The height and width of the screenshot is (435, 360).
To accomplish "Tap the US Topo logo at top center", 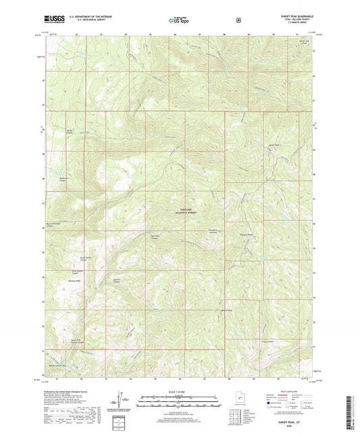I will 179,21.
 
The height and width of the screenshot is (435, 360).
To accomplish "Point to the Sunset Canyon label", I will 70,132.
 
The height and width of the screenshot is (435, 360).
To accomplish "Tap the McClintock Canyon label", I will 63,180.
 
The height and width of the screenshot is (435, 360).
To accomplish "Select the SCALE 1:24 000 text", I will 180,392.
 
